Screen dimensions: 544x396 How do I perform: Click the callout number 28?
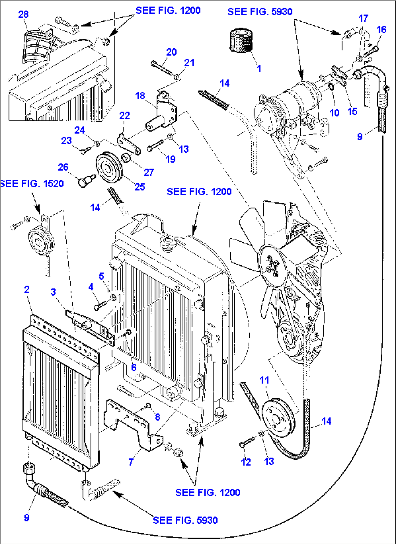pos(23,14)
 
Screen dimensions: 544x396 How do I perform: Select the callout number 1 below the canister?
pos(259,68)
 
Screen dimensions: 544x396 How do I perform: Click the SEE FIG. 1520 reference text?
pos(32,184)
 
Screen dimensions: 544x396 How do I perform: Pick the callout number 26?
pos(63,167)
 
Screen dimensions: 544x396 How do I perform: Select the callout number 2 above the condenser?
pos(27,290)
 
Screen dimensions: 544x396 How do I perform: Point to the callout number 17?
pos(363,18)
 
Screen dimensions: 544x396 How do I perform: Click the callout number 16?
pos(381,29)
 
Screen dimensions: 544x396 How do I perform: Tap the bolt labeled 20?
pos(161,68)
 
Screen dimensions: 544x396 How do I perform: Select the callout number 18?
pos(140,96)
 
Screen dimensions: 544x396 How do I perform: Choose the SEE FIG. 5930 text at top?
pos(260,12)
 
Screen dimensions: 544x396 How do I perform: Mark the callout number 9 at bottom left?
pos(27,517)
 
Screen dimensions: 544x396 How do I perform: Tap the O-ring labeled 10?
pos(331,87)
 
